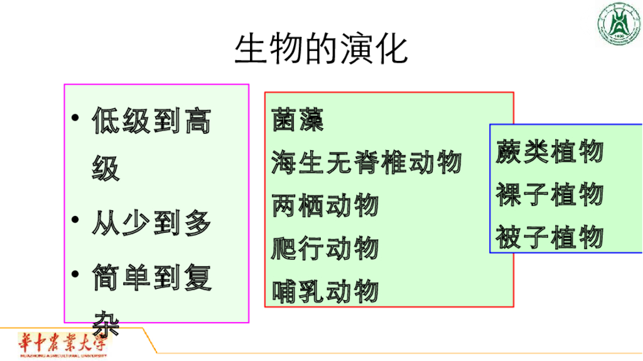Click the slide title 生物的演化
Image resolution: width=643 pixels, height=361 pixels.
(321, 49)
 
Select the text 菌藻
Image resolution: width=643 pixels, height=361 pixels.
(298, 119)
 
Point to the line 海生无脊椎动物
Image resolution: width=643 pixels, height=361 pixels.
(367, 163)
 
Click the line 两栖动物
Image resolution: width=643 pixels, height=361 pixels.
(325, 205)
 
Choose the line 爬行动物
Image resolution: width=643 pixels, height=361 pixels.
(325, 248)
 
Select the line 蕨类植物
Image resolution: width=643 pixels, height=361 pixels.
(549, 152)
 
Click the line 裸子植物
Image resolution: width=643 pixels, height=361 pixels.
(549, 195)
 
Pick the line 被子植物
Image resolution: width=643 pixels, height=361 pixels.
(549, 238)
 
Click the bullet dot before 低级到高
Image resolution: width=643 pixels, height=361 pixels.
(75, 119)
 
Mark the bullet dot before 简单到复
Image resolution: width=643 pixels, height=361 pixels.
(75, 274)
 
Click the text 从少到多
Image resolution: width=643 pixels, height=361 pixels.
(151, 224)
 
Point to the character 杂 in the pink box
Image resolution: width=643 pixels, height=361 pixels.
(105, 321)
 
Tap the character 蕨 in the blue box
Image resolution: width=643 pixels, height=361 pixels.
(508, 152)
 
